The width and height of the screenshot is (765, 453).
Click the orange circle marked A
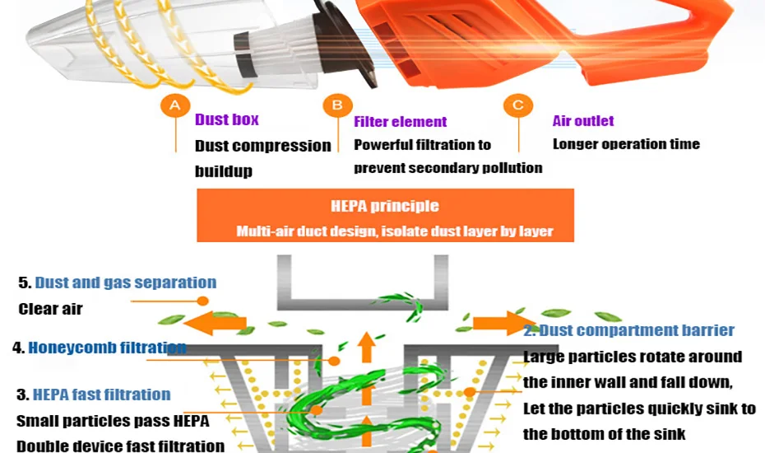[174, 105]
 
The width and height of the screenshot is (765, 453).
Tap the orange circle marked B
[336, 105]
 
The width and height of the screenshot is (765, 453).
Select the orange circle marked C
[517, 105]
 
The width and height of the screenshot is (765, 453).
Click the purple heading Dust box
[226, 120]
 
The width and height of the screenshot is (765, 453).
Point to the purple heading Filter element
[400, 122]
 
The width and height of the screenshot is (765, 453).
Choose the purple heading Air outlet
[582, 121]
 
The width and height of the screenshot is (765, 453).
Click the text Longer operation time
[626, 144]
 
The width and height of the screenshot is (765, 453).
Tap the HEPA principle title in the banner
[384, 207]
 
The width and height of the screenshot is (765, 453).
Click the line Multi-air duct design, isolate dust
[394, 231]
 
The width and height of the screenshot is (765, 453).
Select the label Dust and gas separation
[125, 283]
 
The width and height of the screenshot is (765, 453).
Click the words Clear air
[50, 310]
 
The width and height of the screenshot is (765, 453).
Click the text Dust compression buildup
[262, 158]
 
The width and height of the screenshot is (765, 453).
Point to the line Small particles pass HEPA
[113, 421]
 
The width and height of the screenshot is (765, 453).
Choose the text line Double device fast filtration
[120, 446]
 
